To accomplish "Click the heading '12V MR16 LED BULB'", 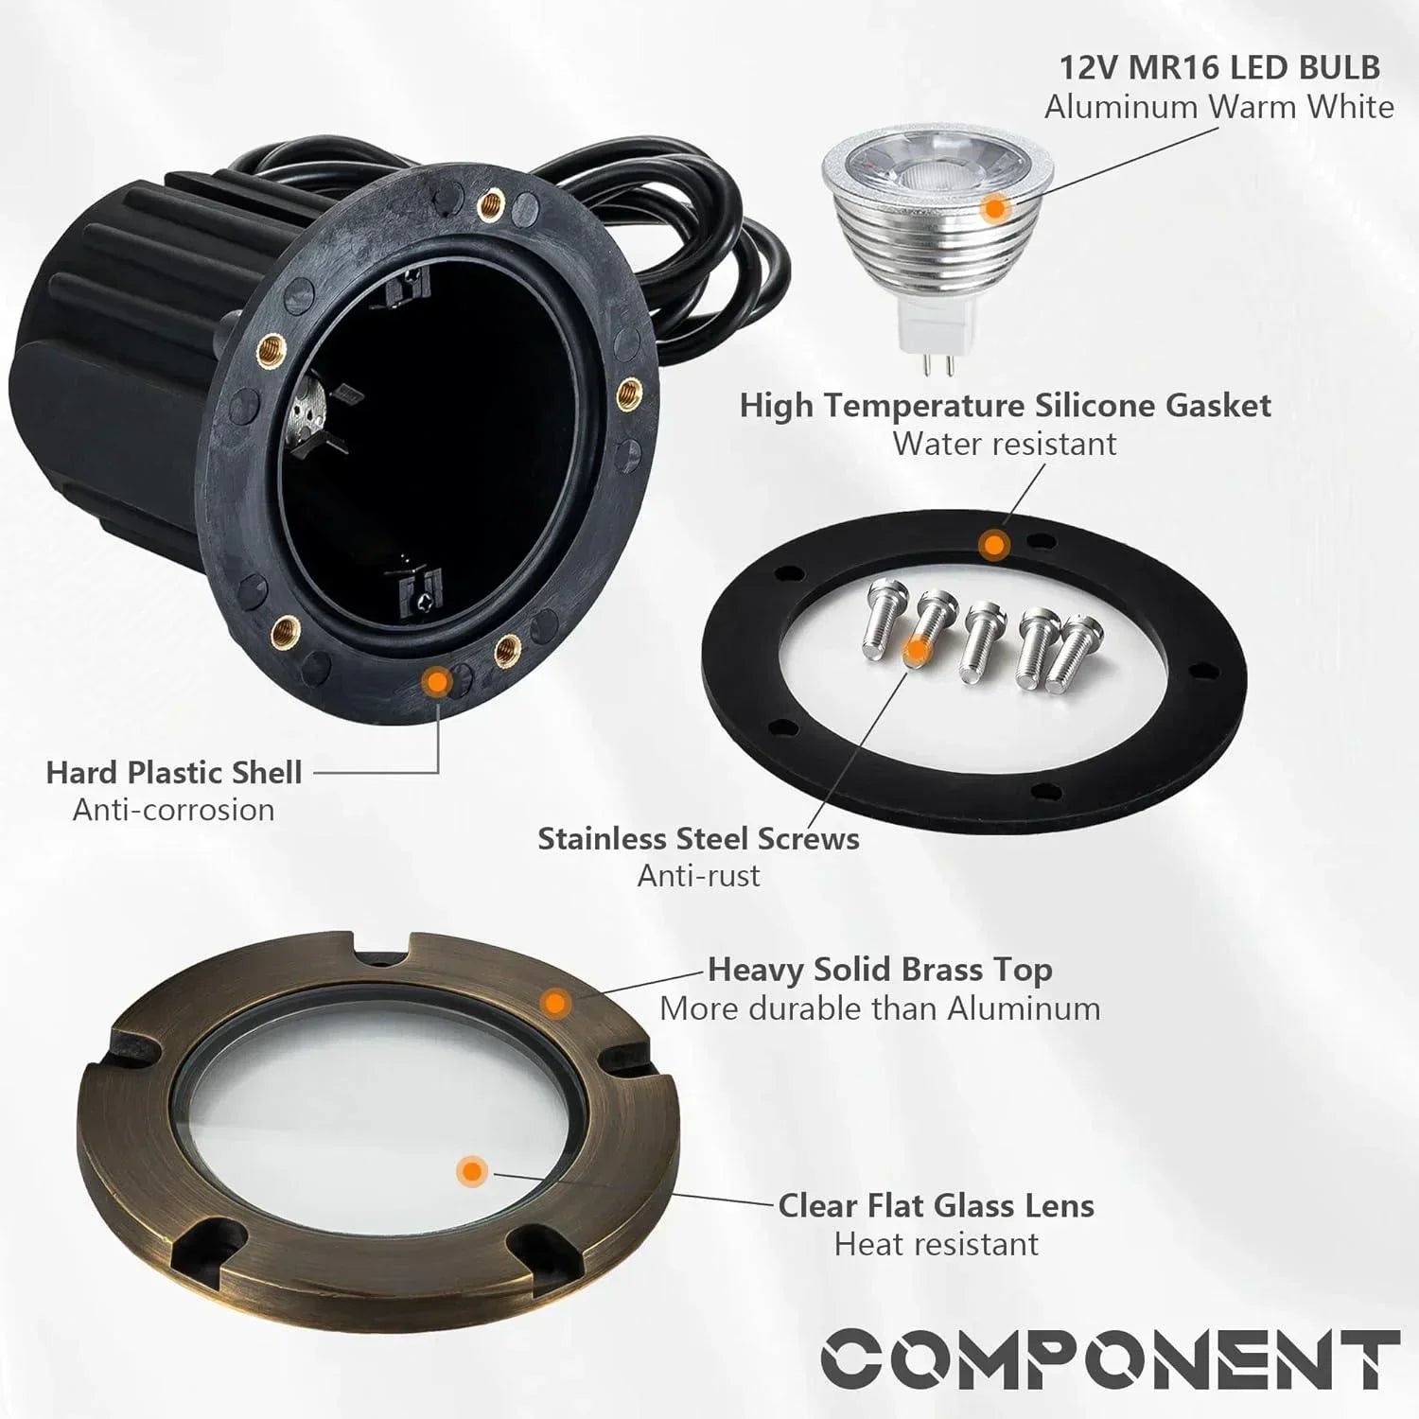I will (x=1218, y=68).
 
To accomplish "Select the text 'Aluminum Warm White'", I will (x=1218, y=107).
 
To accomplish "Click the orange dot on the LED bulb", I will (x=992, y=208).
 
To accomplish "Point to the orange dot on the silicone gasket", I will (x=992, y=546).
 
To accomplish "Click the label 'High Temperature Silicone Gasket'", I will (x=1005, y=405).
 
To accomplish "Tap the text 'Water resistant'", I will (x=1005, y=444).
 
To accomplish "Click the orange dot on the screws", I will (x=916, y=650).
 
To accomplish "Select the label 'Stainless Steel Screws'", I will (x=698, y=838).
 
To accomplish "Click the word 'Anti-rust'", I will (x=698, y=876).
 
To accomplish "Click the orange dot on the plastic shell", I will (x=436, y=681).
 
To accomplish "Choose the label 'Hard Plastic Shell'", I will (x=174, y=772).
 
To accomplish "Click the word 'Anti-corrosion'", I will (x=174, y=810).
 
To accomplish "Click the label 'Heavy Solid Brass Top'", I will (x=880, y=970).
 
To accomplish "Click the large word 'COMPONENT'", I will (x=1110, y=1358).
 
